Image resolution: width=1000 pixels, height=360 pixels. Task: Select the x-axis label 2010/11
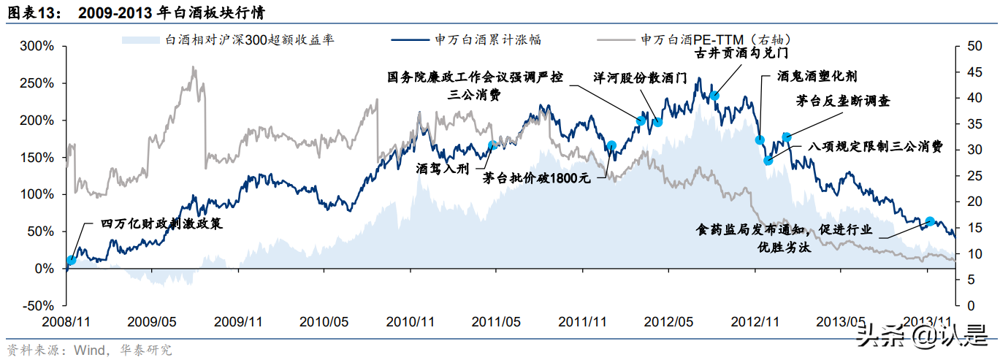point(411,321)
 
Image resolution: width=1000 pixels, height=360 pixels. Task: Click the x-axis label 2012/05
point(668,321)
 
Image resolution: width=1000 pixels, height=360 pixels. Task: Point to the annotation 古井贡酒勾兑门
point(742,53)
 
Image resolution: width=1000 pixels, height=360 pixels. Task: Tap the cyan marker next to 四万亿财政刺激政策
point(71,260)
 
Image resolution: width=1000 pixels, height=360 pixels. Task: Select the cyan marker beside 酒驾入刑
point(492,145)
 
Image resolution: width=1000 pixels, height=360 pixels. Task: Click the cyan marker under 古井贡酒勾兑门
point(714,96)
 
